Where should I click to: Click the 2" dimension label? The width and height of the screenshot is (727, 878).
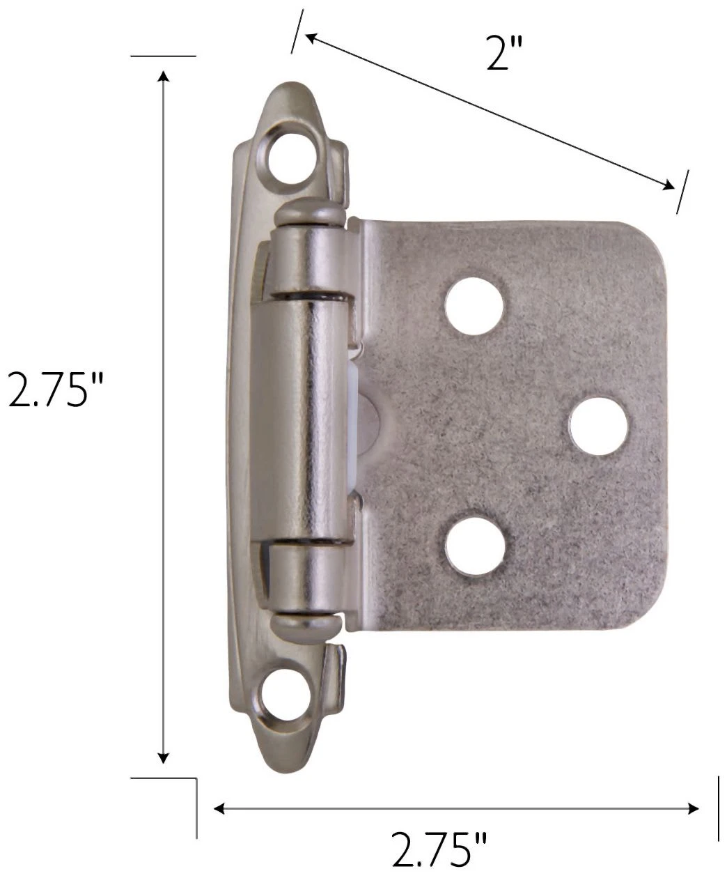tap(504, 54)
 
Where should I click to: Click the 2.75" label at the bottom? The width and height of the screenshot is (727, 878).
tap(439, 849)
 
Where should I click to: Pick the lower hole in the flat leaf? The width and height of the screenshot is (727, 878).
tap(474, 546)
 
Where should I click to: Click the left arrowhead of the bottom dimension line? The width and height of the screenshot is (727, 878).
tap(219, 808)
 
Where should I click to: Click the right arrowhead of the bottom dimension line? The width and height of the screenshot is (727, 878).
tap(694, 808)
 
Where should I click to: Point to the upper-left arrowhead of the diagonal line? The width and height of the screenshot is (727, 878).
tap(311, 38)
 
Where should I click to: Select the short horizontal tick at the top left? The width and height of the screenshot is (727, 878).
tap(163, 56)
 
